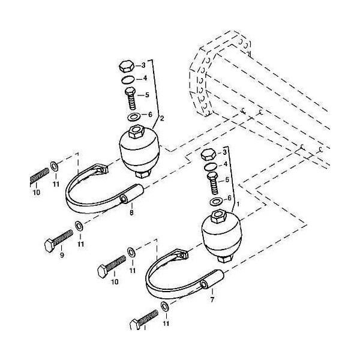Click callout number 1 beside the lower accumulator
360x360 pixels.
coord(238,204)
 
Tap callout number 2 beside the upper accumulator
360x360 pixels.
coord(162,118)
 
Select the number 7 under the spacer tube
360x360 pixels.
coord(212,299)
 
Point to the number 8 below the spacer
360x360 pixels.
coord(131,212)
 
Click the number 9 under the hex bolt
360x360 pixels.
coord(62,255)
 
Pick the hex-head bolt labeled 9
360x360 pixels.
coord(59,241)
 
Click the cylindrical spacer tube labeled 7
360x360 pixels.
coord(212,280)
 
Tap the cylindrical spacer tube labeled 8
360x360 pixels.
coord(132,193)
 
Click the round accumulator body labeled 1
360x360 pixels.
coord(221,236)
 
